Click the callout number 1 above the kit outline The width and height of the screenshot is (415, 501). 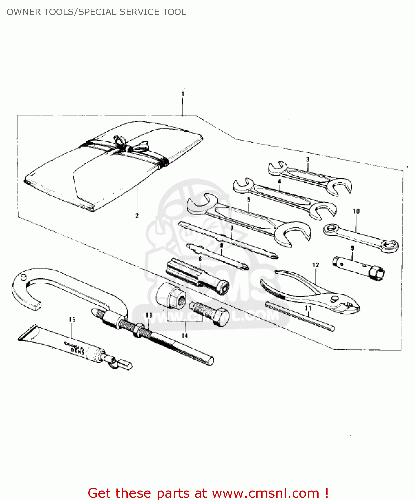(x=183, y=94)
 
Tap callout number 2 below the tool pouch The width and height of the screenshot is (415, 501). (x=137, y=216)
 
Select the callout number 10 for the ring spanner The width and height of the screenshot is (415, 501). (x=356, y=211)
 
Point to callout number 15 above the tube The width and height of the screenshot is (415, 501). (x=72, y=320)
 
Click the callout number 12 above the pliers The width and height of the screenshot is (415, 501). (x=316, y=265)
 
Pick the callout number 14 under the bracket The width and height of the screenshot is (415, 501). (x=185, y=336)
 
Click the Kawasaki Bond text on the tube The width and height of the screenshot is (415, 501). (x=74, y=347)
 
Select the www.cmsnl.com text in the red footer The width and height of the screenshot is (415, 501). (x=266, y=493)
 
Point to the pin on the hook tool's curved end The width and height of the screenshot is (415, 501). (x=23, y=277)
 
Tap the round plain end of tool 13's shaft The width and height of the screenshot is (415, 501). (x=210, y=361)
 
